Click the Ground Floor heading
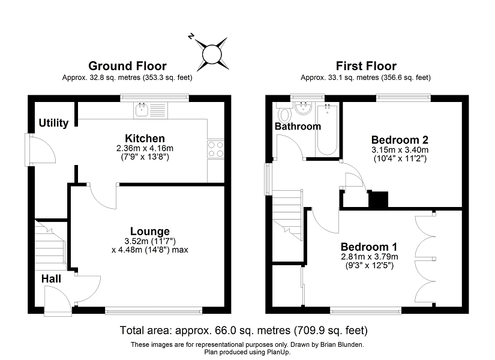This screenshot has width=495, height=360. (x=127, y=66)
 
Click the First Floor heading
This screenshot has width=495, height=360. (x=366, y=66)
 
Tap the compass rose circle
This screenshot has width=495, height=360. (x=212, y=54)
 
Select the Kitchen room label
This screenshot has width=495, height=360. (x=145, y=139)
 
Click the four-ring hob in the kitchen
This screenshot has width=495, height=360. (x=215, y=149)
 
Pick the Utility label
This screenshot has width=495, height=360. (x=53, y=123)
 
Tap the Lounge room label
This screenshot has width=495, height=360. (x=150, y=232)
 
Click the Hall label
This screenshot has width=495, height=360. (x=51, y=279)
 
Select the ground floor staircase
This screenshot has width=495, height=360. (x=50, y=245)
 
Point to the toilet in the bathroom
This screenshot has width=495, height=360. (x=286, y=115)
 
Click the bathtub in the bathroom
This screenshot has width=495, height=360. (x=327, y=130)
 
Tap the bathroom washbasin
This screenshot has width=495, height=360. (x=304, y=108)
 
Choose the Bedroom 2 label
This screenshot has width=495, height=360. (x=400, y=140)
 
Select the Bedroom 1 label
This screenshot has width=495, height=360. (x=369, y=247)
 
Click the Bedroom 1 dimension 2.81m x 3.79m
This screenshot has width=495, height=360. (x=370, y=257)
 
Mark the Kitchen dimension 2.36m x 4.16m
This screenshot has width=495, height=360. (x=145, y=148)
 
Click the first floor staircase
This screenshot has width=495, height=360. (x=287, y=215)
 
